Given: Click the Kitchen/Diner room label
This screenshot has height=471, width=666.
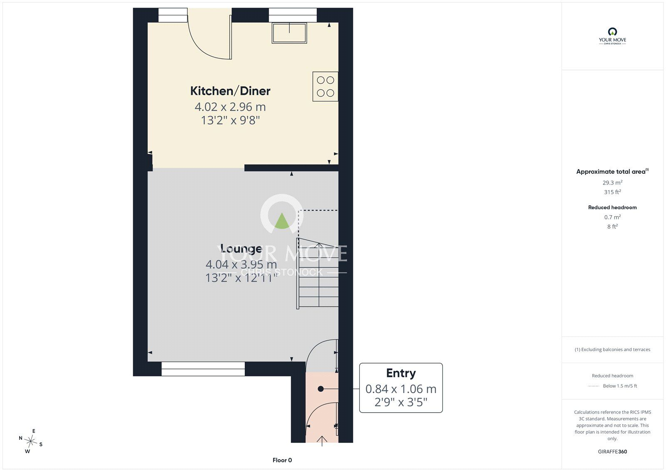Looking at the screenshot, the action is (230, 91).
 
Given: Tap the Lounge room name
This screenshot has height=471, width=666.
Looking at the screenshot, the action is (241, 249).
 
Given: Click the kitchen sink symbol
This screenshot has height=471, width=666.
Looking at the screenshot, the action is (289, 33).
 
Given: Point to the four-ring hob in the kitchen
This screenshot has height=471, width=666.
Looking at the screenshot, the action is (325, 87).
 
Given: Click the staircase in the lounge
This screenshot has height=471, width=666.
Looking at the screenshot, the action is (318, 274).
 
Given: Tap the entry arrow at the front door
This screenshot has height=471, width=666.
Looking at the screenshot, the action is (322, 441).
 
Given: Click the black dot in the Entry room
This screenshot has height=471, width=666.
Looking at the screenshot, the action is (321, 389).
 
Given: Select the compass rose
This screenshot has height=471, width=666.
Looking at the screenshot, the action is (31, 441).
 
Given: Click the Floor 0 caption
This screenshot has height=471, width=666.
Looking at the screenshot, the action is (282, 460).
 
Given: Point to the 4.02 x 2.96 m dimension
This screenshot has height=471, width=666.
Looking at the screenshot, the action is (230, 107).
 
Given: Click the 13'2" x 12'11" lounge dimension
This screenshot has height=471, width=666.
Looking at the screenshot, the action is (241, 278).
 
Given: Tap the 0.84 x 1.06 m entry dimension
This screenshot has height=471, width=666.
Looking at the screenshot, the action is (401, 389).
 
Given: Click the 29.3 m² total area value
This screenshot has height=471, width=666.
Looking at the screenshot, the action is (612, 182).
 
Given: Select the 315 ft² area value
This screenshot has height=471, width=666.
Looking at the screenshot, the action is (612, 192).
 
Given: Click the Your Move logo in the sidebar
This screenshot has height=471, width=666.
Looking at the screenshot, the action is (612, 36).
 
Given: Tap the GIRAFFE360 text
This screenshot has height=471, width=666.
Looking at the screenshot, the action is (612, 452).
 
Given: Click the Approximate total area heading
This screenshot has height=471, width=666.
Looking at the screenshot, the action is (612, 172).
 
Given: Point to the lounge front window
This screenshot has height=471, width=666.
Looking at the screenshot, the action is (203, 369).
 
